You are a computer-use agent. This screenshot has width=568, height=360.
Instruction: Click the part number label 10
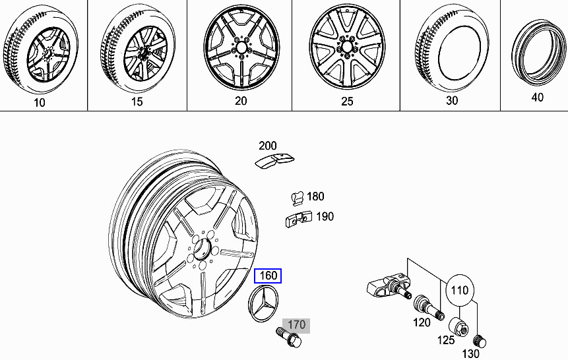pyautogui.click(x=40, y=102)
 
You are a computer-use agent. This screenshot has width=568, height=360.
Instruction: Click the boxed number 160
pyautogui.click(x=268, y=276)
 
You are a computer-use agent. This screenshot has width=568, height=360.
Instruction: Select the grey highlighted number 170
pyautogui.click(x=296, y=324)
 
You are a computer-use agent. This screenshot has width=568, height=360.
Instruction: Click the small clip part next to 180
pyautogui.click(x=296, y=197)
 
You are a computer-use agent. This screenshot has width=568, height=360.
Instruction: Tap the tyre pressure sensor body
pyautogui.click(x=386, y=290)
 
